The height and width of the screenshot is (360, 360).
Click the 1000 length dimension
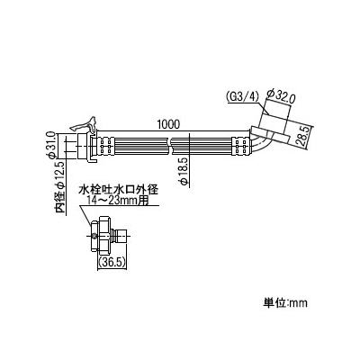pos(168,125)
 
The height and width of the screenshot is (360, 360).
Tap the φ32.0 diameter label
pos(281,97)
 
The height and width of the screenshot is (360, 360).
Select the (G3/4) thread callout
pos(242,97)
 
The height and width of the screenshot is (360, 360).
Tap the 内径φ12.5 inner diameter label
pos(61,188)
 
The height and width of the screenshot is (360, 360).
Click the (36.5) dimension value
pos(112,263)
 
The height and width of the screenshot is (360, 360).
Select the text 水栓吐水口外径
pos(118,190)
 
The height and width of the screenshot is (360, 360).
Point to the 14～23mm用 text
pos(118,200)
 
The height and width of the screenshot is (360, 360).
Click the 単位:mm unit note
pos(286,302)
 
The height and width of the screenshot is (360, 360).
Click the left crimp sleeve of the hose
pos(106,146)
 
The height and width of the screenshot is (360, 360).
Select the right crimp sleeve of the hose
pos(240,146)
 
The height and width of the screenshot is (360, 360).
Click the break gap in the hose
pos(170,146)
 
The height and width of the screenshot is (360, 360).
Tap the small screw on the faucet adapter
pos(94,236)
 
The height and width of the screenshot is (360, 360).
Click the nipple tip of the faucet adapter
pos(123,236)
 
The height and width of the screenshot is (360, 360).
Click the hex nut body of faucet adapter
pos(103,236)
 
